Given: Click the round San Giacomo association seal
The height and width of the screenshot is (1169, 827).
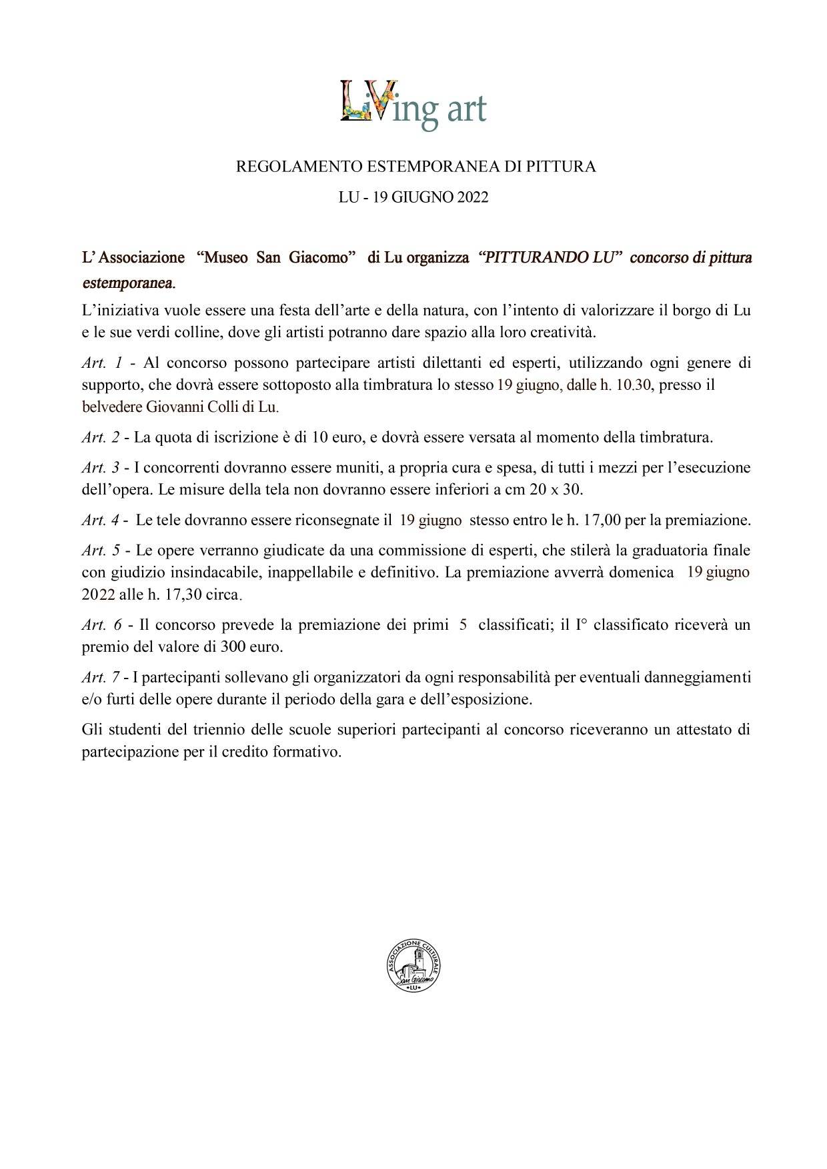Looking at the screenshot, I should [x=413, y=967].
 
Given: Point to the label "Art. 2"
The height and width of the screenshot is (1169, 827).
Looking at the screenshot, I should [x=101, y=438].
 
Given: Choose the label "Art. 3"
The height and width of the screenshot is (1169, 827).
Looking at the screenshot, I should [x=101, y=468].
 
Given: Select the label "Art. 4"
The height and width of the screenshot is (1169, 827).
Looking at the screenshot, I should [x=101, y=520].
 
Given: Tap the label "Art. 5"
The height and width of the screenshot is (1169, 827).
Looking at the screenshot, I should [x=101, y=551].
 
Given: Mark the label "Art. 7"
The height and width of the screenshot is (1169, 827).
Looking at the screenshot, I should [x=101, y=678].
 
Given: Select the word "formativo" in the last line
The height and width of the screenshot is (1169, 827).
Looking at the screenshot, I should [x=309, y=752].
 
